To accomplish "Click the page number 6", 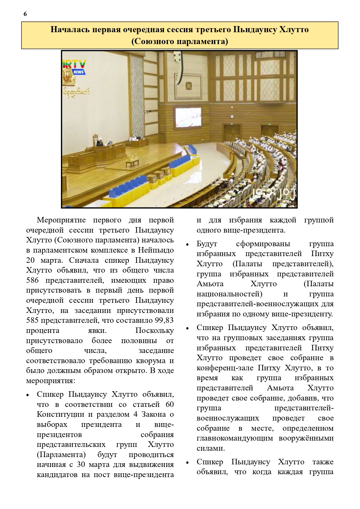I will tap(25, 14).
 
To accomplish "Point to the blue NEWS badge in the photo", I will tap(78, 72).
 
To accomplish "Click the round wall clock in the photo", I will tap(232, 117).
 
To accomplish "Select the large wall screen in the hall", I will tap(188, 117).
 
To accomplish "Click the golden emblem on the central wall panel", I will tap(189, 86).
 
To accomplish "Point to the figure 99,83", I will tap(164, 320).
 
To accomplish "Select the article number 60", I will tap(170, 404).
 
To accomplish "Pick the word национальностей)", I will tap(229, 294).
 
